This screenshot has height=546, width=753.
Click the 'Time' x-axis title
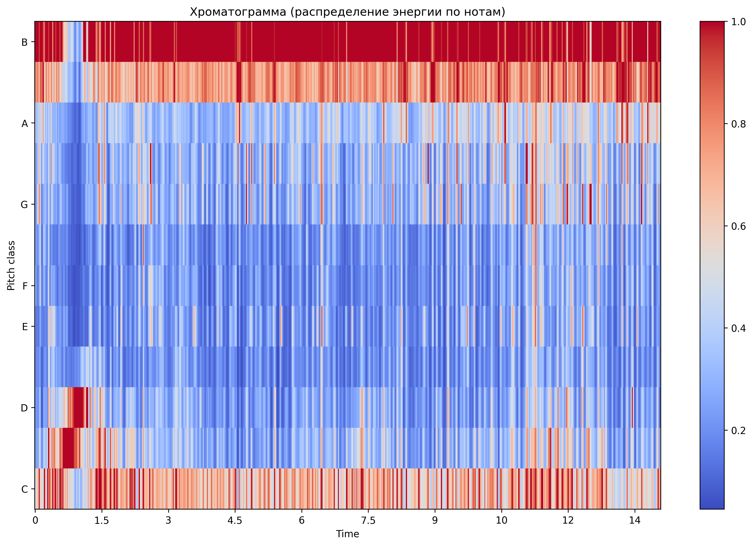tap(347, 534)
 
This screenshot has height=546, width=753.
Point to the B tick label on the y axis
tap(24, 42)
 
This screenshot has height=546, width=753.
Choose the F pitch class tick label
tap(24, 286)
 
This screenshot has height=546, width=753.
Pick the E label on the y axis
tap(24, 327)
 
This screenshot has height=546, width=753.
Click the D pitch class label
tap(24, 408)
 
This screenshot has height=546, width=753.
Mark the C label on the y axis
tap(24, 489)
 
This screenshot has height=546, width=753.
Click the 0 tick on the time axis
tap(35, 520)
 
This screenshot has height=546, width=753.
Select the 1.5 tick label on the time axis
tap(102, 520)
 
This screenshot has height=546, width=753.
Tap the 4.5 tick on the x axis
tap(235, 520)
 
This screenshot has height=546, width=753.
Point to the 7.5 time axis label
tap(368, 520)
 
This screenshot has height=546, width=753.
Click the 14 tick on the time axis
tap(635, 520)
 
